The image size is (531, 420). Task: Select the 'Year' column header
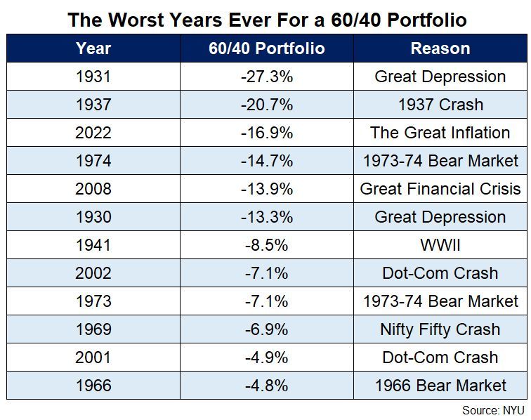93,48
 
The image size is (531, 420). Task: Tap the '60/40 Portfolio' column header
267,48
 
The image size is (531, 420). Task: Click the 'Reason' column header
440,48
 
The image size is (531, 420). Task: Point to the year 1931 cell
93,77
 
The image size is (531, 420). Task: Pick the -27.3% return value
267,77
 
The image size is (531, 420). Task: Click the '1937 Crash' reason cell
440,105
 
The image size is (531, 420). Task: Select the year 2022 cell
93,133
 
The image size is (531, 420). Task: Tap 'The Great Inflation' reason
440,133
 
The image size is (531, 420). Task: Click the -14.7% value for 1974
267,161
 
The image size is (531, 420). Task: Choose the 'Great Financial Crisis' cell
440,189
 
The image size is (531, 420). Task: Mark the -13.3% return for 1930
267,217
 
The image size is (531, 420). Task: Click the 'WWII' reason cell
440,245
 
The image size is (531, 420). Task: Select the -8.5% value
267,245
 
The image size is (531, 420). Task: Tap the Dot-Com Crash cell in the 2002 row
440,273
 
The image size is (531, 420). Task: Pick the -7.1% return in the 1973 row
267,301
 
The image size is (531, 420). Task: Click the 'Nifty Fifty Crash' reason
440,329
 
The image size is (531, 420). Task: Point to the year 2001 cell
93,357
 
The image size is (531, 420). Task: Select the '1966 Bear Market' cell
440,386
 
